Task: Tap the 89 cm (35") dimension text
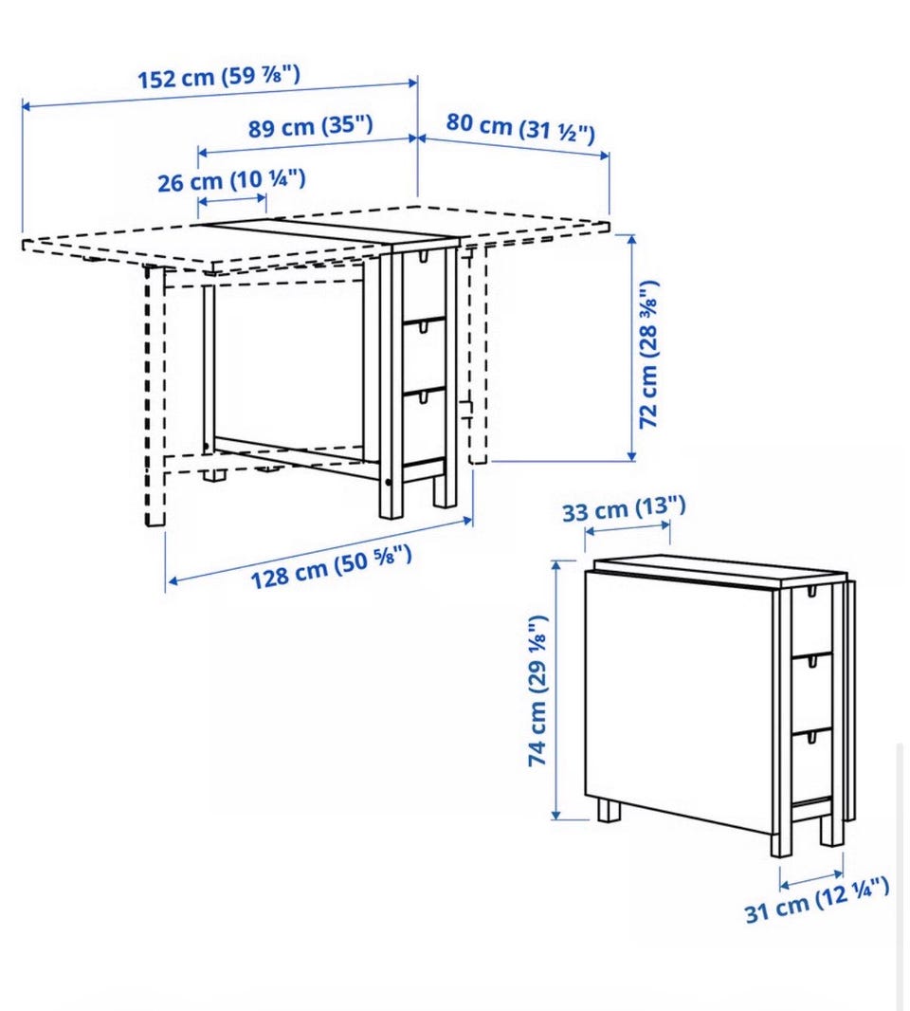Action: click(x=311, y=126)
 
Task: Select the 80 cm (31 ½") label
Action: click(x=520, y=128)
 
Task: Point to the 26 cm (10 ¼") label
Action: click(x=231, y=180)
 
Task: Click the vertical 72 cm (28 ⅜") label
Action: click(x=649, y=354)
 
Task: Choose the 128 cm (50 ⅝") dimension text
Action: click(x=331, y=566)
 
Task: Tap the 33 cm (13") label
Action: click(x=624, y=508)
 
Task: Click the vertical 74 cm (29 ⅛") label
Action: click(x=538, y=690)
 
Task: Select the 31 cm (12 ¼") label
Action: click(x=817, y=900)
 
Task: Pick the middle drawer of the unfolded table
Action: click(x=424, y=356)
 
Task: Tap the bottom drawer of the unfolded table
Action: click(x=424, y=426)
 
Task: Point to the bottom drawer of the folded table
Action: click(x=810, y=767)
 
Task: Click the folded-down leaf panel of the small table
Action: click(x=679, y=702)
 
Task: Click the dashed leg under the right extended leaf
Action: click(x=478, y=354)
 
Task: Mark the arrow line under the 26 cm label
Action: click(x=232, y=200)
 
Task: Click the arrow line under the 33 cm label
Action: click(x=628, y=527)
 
